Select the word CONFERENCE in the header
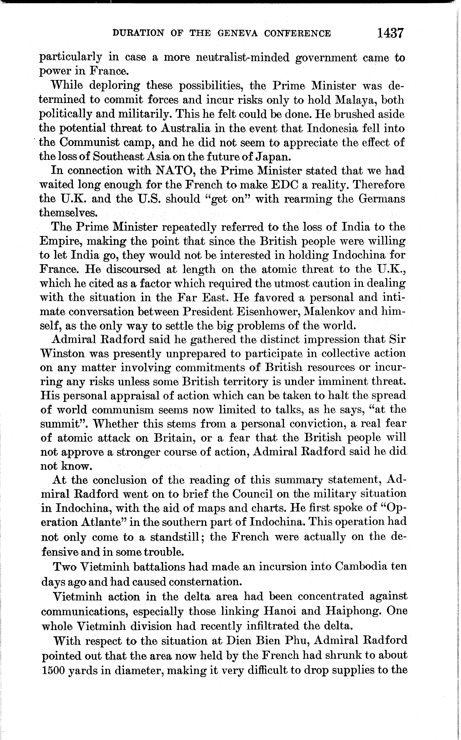[297, 33]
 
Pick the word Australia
[185, 128]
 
